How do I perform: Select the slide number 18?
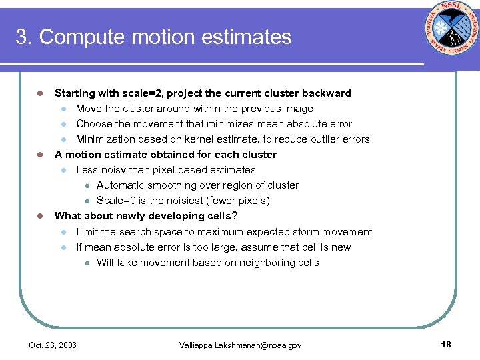tap(446, 344)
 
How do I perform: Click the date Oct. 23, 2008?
tap(53, 345)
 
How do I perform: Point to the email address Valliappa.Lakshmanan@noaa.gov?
tap(240, 345)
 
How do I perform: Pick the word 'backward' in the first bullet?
tap(326, 93)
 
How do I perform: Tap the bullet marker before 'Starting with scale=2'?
tap(39, 93)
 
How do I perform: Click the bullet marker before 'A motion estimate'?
tap(39, 155)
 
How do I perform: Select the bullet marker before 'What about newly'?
tap(39, 216)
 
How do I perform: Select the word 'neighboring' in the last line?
tap(251, 263)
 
